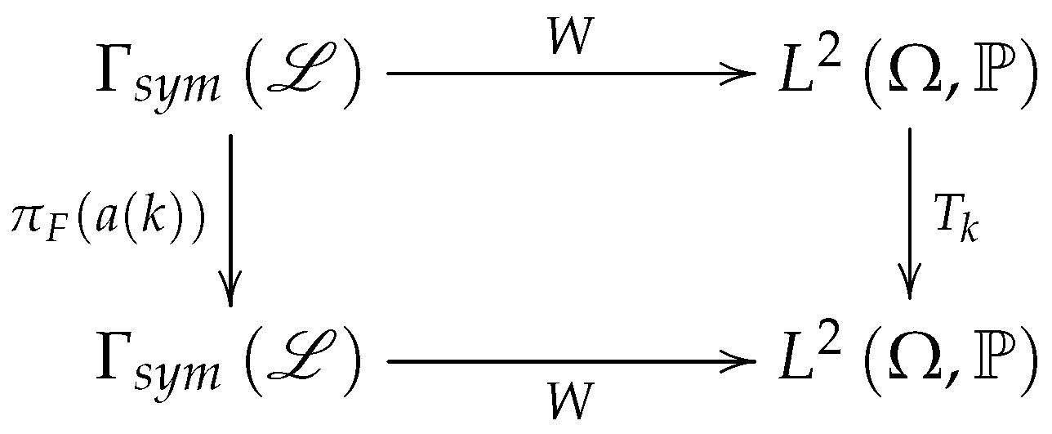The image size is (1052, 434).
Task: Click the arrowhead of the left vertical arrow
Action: pyautogui.click(x=231, y=293)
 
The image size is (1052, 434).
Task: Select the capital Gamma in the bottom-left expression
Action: pyautogui.click(x=114, y=360)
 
